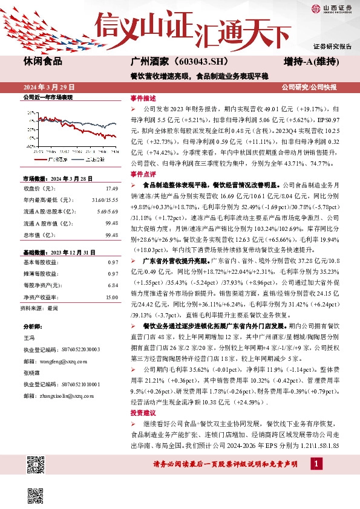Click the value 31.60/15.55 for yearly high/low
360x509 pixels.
click(104, 199)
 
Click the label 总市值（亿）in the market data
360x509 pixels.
click(37, 234)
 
